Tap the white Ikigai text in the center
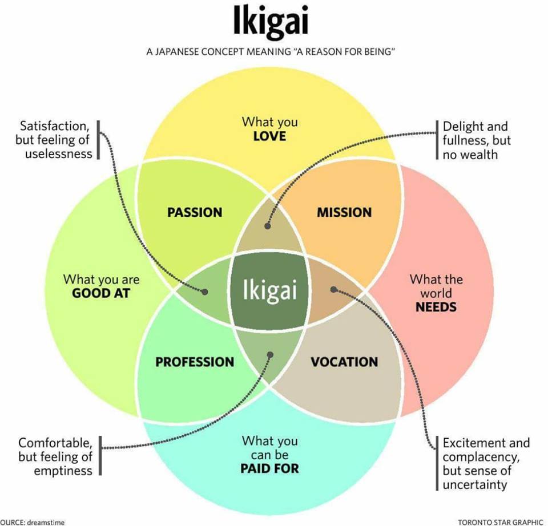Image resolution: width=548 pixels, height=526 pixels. coord(269,290)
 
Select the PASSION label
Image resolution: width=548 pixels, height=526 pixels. coord(195,212)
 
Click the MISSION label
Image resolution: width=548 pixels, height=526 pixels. coord(344,212)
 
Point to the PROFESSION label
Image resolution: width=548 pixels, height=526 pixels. coord(195,362)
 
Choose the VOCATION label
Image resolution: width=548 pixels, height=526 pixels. coord(344,362)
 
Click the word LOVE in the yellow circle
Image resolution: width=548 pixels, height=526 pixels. coord(269,136)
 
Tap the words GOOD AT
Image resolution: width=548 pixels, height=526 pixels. coord(101,293)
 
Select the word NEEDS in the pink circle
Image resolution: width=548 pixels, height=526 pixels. coord(436,307)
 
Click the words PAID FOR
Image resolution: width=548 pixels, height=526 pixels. coord(269,468)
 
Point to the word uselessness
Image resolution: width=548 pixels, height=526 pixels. coord(58,153)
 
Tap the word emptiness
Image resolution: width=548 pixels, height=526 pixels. coord(63,471)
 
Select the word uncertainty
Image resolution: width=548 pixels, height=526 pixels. coord(474,485)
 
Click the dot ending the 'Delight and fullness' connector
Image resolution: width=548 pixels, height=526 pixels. coord(268,226)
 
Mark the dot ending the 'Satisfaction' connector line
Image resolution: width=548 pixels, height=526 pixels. coord(205,292)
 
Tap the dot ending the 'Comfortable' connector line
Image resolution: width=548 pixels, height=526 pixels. coord(270,355)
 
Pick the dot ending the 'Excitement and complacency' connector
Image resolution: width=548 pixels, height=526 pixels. coord(333,289)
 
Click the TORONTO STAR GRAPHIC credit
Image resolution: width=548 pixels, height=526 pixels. coord(500,522)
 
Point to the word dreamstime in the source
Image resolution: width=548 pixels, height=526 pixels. coord(46,523)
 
